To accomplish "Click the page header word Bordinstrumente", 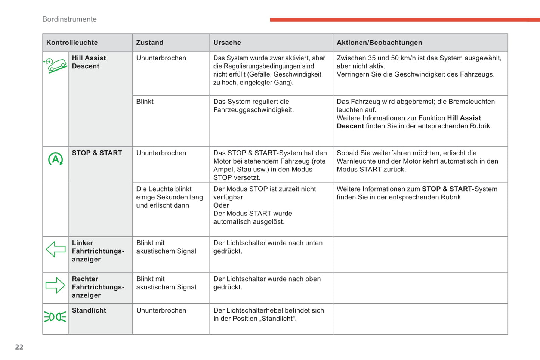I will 70,19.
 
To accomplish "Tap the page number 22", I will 19,347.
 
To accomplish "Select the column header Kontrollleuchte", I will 72,43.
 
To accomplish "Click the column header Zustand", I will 149,43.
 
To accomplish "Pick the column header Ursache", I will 227,43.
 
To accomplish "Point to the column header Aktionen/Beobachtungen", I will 379,43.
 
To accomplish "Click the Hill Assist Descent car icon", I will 55,66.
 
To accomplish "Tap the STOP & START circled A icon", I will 55,159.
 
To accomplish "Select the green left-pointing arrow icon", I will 55,249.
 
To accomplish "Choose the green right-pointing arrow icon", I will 55,285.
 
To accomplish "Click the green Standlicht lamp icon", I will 55,317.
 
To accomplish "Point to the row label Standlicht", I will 89,311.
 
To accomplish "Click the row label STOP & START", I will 97,153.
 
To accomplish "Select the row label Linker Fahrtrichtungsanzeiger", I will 98,251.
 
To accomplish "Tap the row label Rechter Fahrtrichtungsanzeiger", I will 98,287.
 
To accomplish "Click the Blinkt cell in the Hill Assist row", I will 145,102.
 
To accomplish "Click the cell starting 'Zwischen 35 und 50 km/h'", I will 419,66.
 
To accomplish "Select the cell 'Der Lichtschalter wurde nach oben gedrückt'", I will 267,283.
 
